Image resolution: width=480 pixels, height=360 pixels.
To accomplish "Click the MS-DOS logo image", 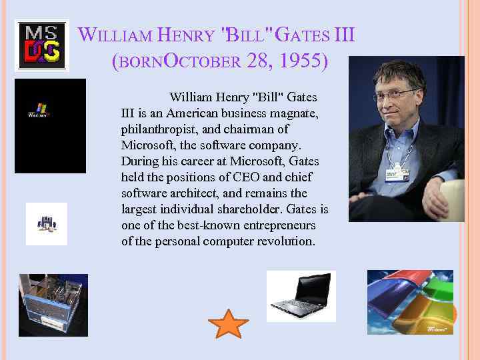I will click(41, 45).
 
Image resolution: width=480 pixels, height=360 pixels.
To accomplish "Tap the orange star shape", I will click(228, 323).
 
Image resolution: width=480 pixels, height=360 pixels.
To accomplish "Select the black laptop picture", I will click(301, 296).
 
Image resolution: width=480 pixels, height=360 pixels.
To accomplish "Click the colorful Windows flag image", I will click(410, 301).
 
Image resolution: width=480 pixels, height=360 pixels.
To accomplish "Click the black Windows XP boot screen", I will click(50, 126).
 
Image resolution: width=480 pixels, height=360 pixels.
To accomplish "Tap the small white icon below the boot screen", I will click(47, 224).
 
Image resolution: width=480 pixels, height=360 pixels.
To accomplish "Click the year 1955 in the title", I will click(303, 61).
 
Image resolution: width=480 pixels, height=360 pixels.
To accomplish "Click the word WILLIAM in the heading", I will click(115, 34).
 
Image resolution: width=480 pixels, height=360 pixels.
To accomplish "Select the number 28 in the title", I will click(257, 61).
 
